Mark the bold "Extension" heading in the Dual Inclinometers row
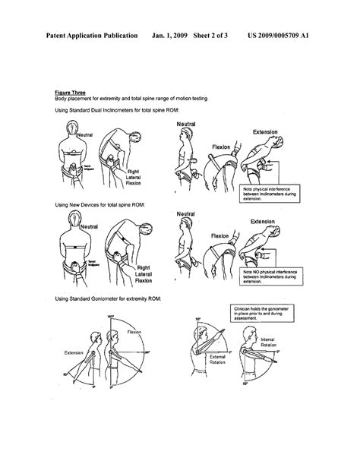(266, 131)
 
